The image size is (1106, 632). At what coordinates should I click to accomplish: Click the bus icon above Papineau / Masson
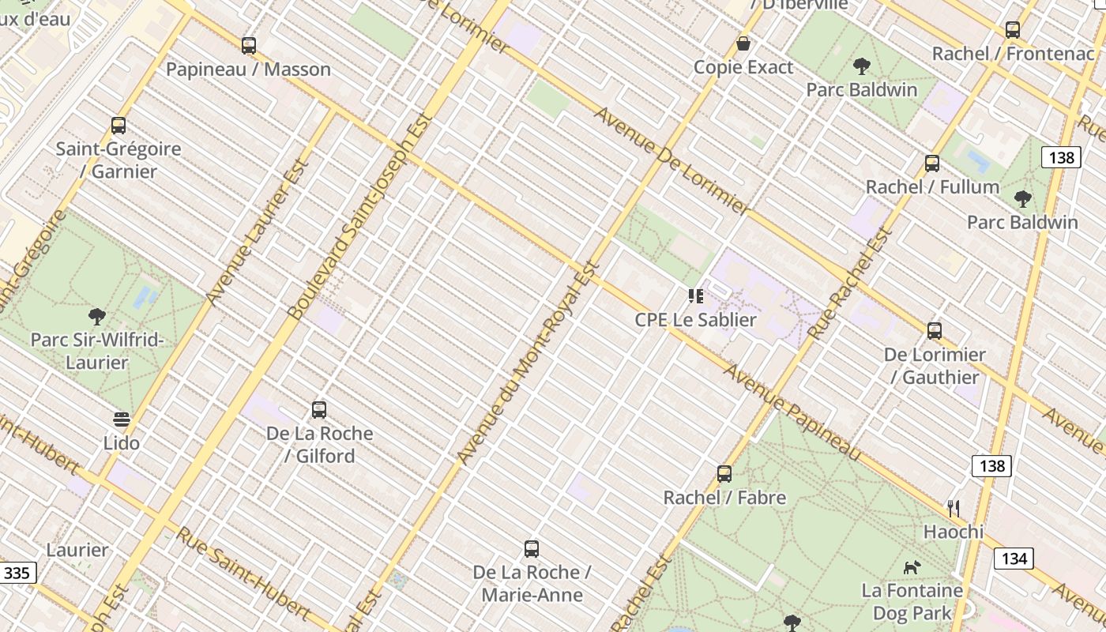[x=249, y=46]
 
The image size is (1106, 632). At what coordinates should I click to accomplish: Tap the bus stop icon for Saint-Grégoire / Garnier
[x=118, y=126]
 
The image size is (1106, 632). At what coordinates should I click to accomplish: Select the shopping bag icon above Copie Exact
[x=743, y=43]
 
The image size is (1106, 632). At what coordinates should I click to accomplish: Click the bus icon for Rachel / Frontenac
[x=1013, y=31]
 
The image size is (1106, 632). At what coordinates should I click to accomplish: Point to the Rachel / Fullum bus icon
[x=932, y=164]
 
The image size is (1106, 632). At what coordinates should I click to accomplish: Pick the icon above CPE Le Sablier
[x=695, y=296]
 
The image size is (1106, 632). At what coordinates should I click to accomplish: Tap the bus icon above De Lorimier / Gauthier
[x=935, y=331]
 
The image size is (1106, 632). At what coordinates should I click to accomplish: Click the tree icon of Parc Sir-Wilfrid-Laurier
[x=97, y=317]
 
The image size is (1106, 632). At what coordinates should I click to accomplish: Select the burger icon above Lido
[x=122, y=419]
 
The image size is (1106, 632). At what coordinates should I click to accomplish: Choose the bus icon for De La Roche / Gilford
[x=319, y=410]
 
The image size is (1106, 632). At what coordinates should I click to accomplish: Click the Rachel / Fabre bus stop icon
[x=724, y=474]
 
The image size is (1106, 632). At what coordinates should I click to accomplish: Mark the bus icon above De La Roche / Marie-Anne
[x=532, y=549]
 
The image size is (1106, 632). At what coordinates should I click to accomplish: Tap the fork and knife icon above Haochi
[x=954, y=508]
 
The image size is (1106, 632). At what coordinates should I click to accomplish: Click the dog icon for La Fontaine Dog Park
[x=912, y=567]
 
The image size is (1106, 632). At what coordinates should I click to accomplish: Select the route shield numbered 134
[x=1014, y=559]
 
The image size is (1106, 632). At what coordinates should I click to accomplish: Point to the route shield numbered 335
[x=17, y=572]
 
